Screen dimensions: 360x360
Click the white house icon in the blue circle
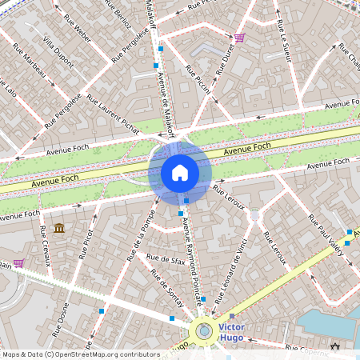point(180,173)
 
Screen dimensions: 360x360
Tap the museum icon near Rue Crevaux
point(59,229)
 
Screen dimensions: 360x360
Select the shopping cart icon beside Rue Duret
point(238,38)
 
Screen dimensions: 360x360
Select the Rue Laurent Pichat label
point(113,114)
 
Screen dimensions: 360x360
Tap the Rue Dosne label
point(62,318)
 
